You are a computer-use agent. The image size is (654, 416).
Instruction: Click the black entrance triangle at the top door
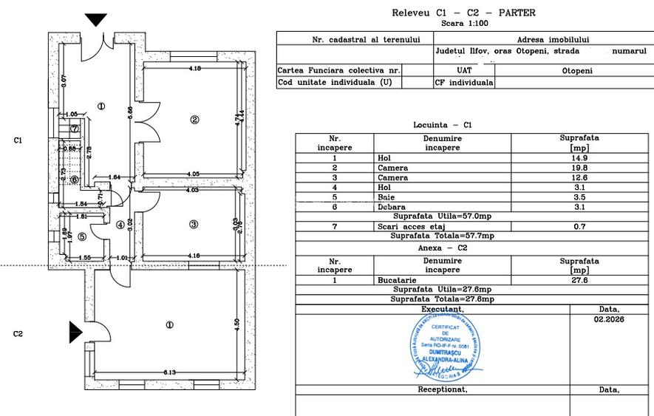95,20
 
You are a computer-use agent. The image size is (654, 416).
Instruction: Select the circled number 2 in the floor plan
194,120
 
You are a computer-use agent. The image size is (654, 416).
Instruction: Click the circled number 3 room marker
194,225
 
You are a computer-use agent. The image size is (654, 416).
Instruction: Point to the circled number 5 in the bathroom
81,236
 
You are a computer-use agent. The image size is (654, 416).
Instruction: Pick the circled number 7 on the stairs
75,129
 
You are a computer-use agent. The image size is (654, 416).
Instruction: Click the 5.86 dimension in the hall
130,113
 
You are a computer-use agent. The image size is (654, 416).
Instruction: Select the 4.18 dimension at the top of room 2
195,69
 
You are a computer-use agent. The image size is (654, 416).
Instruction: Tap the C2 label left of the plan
19,334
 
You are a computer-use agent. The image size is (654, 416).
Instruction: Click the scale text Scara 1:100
463,23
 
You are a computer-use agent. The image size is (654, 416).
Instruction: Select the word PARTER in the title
517,13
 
